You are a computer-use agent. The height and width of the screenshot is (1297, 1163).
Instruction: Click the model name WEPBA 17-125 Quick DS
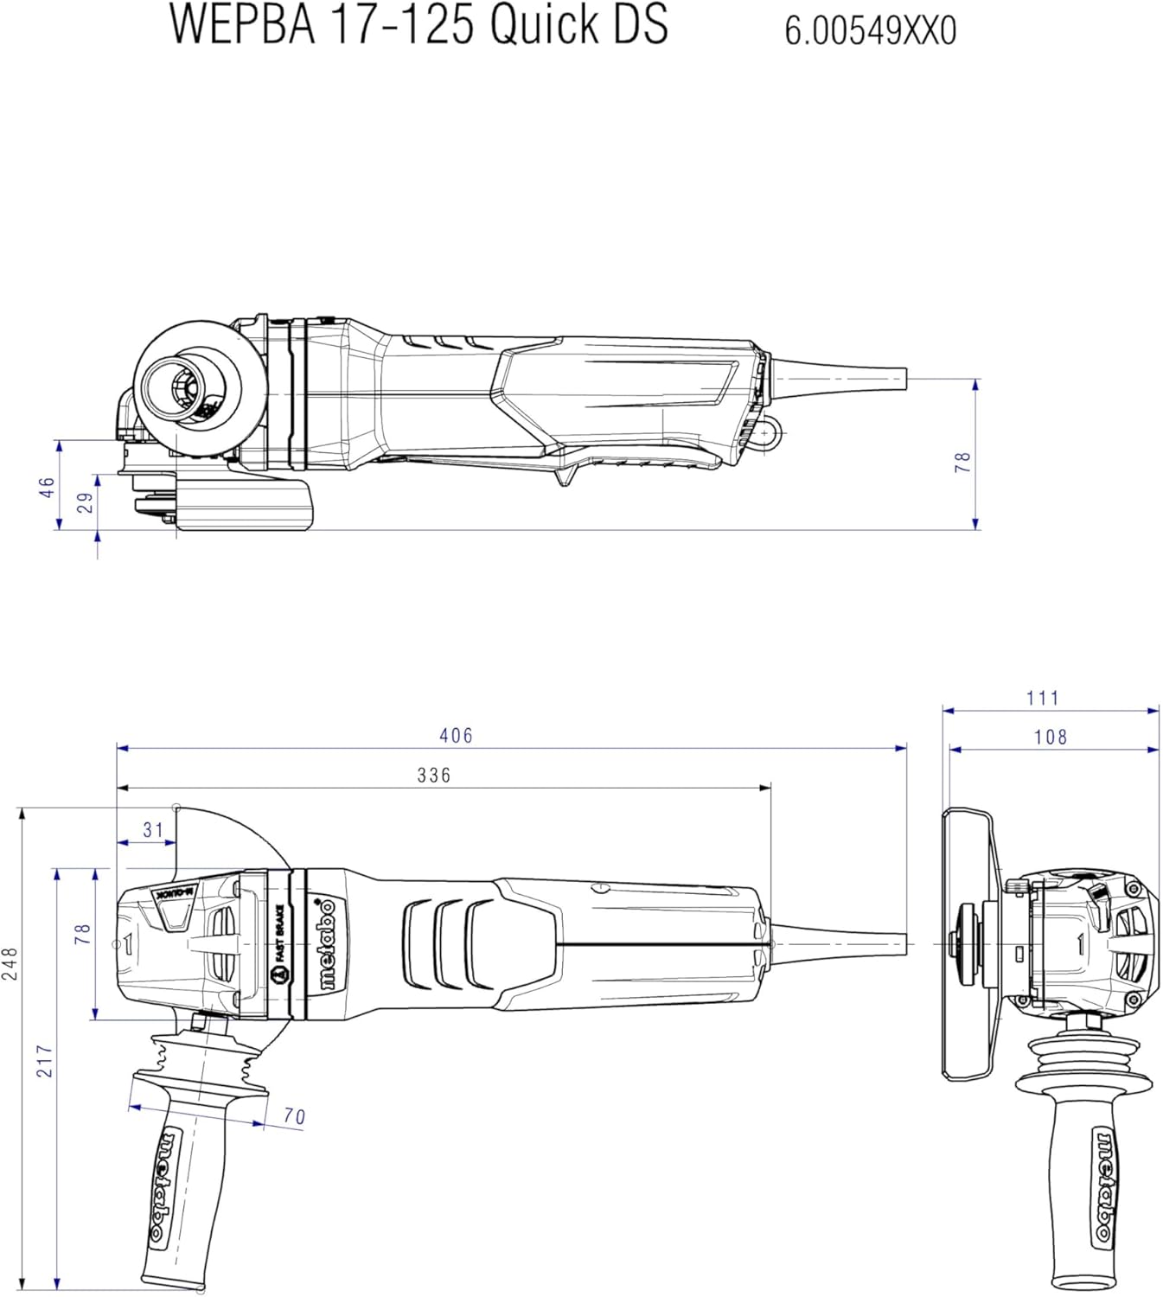tap(419, 24)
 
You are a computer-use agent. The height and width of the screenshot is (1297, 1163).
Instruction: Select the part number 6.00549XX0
tap(871, 31)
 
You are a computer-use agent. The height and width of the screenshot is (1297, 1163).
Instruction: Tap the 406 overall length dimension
tap(456, 736)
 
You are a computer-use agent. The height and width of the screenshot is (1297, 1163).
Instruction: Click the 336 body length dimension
tap(434, 776)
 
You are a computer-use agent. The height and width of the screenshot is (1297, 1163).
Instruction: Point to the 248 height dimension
tap(10, 964)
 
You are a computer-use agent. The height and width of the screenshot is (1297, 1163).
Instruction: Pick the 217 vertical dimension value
tap(44, 1062)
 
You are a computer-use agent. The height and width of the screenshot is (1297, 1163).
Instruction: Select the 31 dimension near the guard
tap(154, 830)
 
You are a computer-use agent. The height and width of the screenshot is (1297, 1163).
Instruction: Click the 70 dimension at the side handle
tap(295, 1116)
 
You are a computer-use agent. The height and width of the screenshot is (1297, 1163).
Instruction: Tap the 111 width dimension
tap(1043, 698)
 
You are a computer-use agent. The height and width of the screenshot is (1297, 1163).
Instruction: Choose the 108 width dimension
tap(1051, 738)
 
